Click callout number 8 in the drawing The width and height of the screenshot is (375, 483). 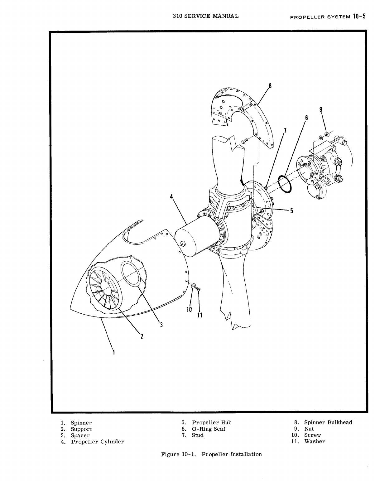270,86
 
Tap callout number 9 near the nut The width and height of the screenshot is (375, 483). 321,109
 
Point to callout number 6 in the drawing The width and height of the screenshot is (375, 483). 306,118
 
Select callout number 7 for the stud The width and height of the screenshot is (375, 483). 285,130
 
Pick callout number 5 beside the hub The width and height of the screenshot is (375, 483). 291,211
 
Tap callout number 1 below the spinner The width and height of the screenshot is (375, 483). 114,352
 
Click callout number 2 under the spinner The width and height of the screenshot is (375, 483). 142,336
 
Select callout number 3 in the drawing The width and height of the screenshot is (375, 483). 161,325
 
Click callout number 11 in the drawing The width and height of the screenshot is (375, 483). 200,315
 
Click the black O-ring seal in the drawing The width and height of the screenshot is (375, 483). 285,184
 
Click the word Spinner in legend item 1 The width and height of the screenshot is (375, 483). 81,423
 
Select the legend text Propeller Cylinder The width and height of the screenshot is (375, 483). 97,442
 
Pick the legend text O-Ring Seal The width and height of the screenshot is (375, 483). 208,429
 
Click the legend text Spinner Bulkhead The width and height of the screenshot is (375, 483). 328,423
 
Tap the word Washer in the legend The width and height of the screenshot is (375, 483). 315,442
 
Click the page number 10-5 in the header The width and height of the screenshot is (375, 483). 359,17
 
